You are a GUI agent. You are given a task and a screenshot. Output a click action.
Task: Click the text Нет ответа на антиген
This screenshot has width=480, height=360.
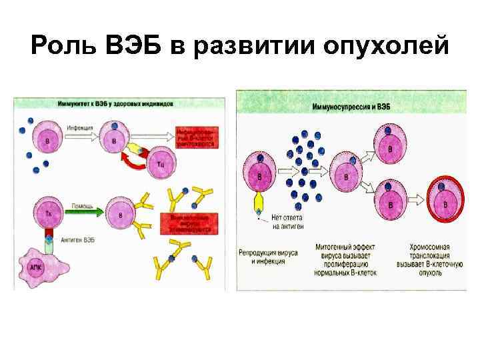coord(288,223)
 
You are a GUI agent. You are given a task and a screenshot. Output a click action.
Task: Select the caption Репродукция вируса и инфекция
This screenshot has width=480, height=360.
coord(262,257)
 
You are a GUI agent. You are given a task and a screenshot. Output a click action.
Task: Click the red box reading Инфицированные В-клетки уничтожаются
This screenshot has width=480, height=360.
coord(196,137)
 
